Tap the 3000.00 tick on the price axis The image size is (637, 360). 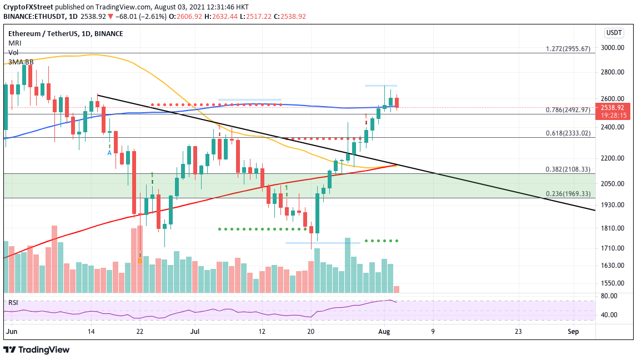614,48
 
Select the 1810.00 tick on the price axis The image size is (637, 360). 614,228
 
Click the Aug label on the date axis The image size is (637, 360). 383,332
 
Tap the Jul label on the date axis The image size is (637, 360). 194,332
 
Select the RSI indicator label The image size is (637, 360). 12,302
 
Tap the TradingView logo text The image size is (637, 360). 37,349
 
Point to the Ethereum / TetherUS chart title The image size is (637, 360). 45,33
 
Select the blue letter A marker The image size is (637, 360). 109,152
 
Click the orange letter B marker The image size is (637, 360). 140,260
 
